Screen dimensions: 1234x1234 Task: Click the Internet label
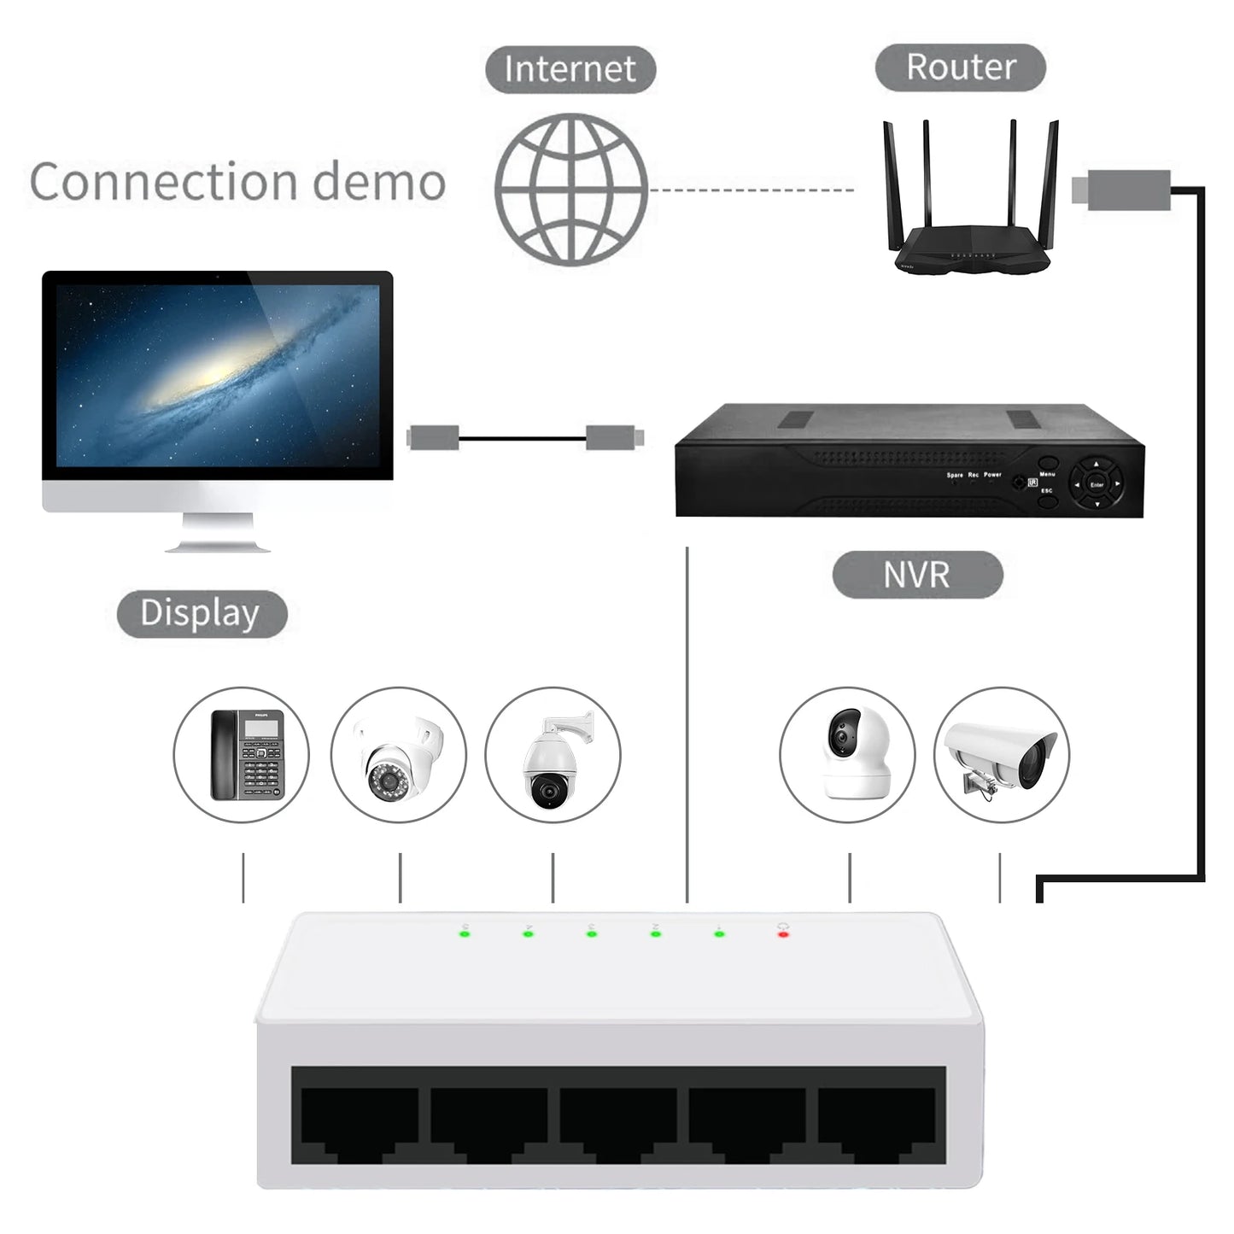coord(570,69)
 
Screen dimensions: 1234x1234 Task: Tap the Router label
coord(960,67)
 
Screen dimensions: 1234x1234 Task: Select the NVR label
coord(916,575)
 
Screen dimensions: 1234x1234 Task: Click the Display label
coord(201,613)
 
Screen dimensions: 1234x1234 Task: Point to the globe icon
coord(570,188)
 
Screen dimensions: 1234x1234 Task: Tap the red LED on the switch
coord(782,934)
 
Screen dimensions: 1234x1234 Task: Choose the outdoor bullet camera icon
coord(1000,755)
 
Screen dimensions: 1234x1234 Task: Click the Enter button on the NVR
coord(1097,484)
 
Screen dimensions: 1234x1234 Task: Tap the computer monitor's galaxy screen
coord(218,376)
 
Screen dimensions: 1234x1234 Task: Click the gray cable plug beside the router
coord(1120,187)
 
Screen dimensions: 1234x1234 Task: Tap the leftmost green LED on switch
coord(465,934)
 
